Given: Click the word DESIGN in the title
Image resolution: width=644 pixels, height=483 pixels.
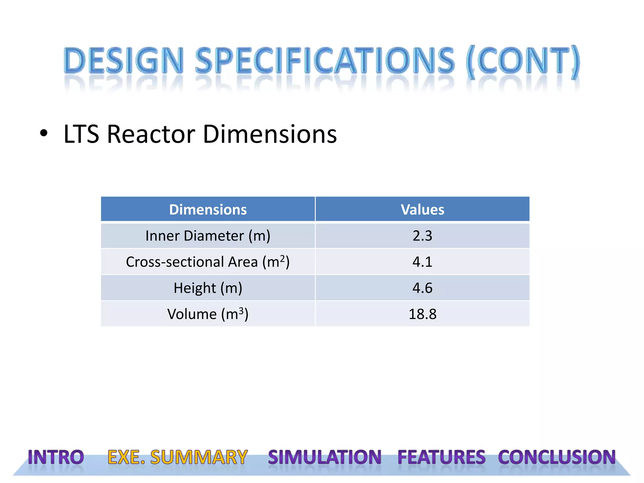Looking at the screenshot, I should (x=124, y=60).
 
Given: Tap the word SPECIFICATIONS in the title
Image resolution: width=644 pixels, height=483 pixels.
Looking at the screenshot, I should (x=325, y=60).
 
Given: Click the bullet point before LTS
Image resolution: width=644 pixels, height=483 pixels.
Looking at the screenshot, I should (x=44, y=134).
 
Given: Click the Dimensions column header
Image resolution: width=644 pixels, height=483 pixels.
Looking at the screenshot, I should (x=208, y=209).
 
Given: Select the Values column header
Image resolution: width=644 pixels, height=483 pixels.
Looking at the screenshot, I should (x=422, y=209).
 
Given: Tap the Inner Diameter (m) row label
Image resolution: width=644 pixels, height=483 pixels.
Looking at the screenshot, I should (x=208, y=236).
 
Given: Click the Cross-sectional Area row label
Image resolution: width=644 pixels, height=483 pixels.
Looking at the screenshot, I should (x=208, y=262).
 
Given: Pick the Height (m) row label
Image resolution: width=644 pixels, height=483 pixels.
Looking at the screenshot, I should (x=208, y=288).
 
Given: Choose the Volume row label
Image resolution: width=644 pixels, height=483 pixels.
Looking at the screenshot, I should (x=208, y=314).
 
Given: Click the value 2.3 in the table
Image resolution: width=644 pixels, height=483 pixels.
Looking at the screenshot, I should (x=422, y=236).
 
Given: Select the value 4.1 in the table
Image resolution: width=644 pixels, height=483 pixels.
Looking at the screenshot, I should (x=422, y=262).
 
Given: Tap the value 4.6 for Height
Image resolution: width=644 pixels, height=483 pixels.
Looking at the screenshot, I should (x=422, y=288).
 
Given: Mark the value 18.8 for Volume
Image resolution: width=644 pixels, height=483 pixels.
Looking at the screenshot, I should (x=422, y=314).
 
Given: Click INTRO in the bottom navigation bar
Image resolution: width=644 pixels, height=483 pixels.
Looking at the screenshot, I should (x=56, y=457).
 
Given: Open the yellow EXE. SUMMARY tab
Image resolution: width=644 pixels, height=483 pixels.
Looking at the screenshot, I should (x=178, y=457).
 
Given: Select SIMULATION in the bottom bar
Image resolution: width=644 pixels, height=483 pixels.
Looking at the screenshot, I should (x=325, y=457).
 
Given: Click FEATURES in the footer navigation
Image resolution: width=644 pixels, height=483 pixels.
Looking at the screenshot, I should (x=441, y=457).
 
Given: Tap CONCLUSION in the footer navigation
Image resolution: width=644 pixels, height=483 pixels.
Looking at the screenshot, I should (x=557, y=457).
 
